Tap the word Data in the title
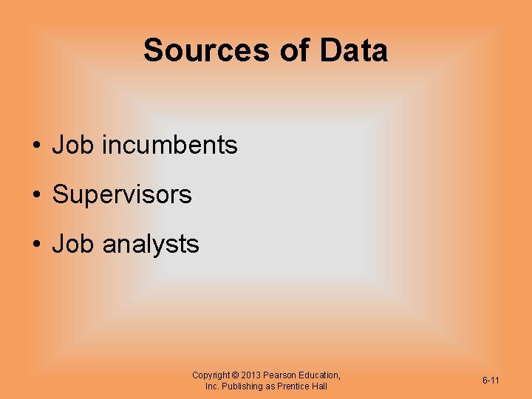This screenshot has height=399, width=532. pos(353,51)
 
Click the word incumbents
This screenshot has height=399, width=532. pos(170,146)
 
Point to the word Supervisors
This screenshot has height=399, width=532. pos(122,195)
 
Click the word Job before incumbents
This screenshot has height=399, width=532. pos(73,146)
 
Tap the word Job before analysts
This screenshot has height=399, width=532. pos(73,244)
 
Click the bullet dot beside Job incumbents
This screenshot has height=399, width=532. pos(35,146)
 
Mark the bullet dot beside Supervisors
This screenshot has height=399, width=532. pos(35,196)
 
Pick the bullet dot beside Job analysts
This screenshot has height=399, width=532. pos(35,245)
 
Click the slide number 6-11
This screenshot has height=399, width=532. pos(491,381)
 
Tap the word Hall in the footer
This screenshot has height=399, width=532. pos(319,386)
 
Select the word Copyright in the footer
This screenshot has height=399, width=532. pos(211,375)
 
